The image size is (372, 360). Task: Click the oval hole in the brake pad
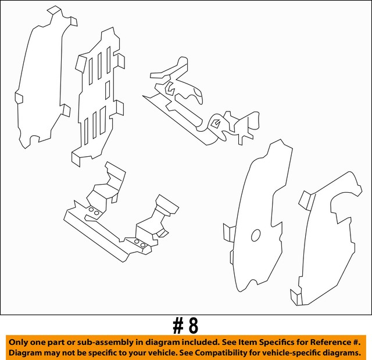click(x=255, y=235)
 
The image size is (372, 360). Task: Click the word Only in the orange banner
click(x=20, y=343)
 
